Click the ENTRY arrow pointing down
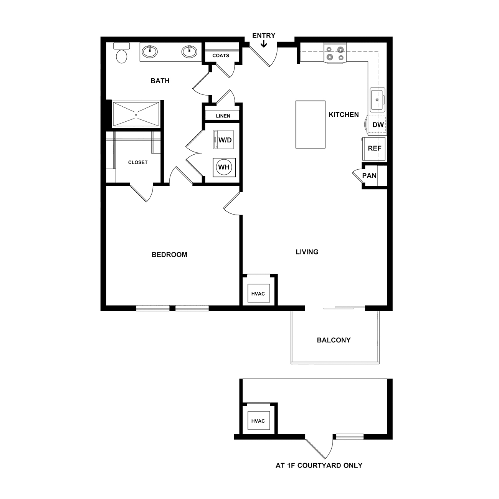pyautogui.click(x=264, y=44)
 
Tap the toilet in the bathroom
pyautogui.click(x=121, y=53)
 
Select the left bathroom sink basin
pyautogui.click(x=150, y=51)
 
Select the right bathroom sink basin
pyautogui.click(x=189, y=51)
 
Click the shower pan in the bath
pyautogui.click(x=136, y=114)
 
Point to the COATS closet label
pyautogui.click(x=221, y=55)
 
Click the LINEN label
pyautogui.click(x=223, y=116)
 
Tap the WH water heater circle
pyautogui.click(x=224, y=167)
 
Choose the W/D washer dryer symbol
pyautogui.click(x=223, y=140)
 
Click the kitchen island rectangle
pyautogui.click(x=310, y=124)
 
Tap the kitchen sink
pyautogui.click(x=377, y=100)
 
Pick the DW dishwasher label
pyautogui.click(x=378, y=125)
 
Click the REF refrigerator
pyautogui.click(x=374, y=149)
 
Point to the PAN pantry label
pyautogui.click(x=369, y=176)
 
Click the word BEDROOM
pyautogui.click(x=169, y=254)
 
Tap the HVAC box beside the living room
pyautogui.click(x=258, y=293)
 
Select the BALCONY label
pyautogui.click(x=334, y=340)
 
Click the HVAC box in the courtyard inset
pyautogui.click(x=258, y=421)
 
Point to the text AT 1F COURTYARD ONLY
pyautogui.click(x=319, y=465)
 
